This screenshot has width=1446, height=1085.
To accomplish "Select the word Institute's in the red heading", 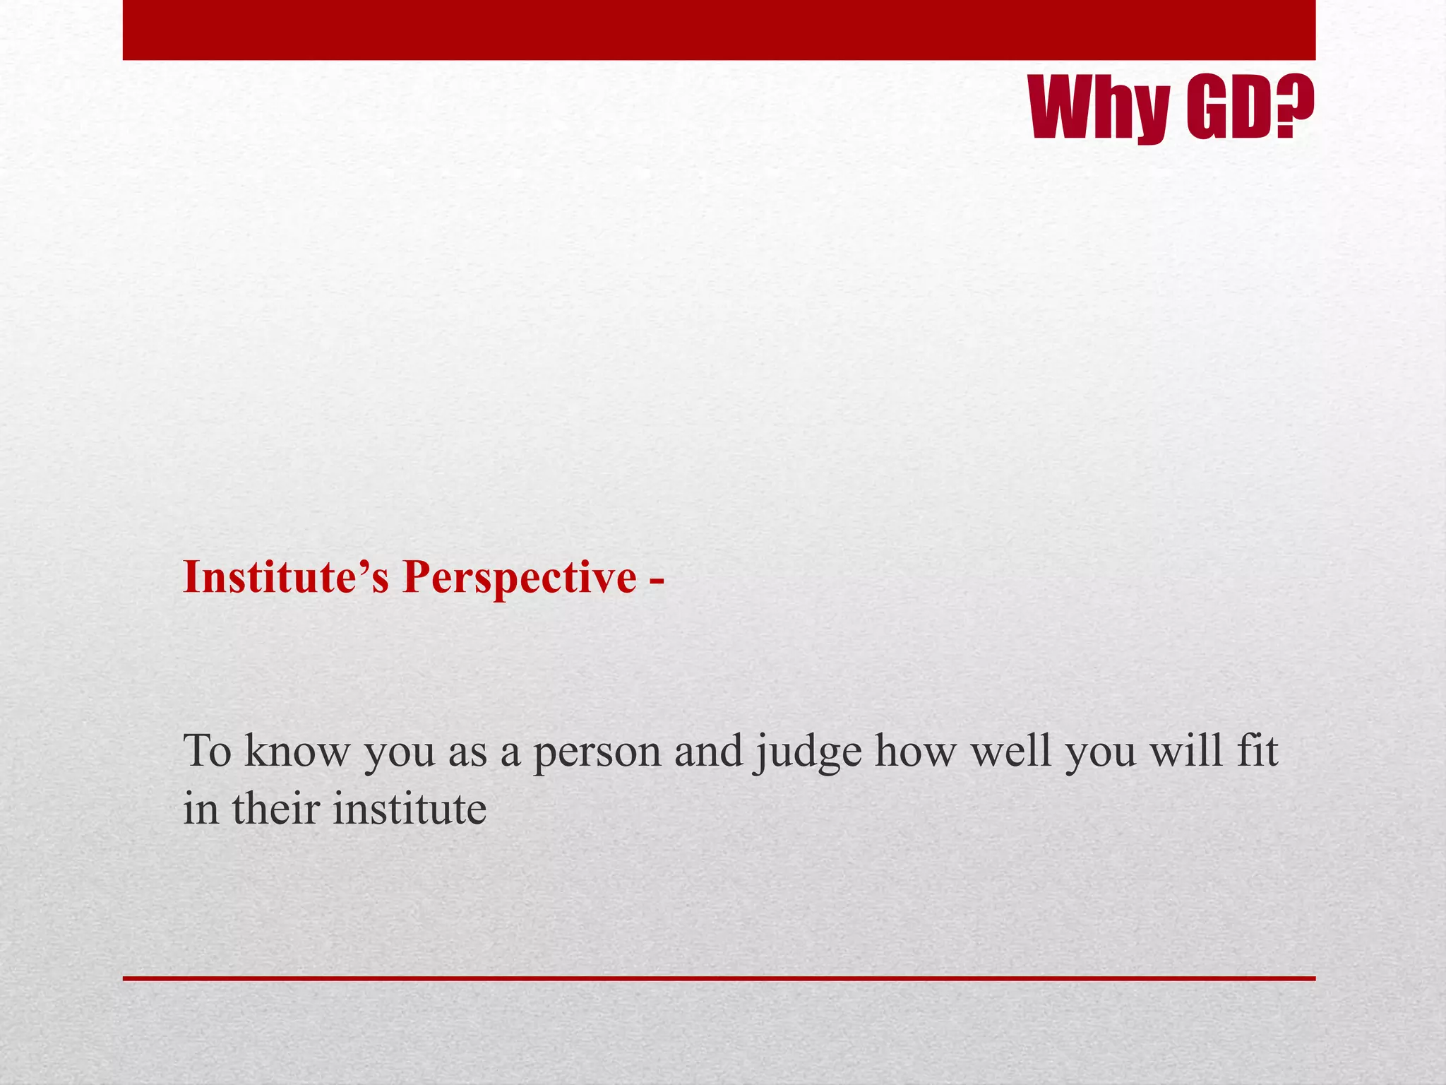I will coord(286,577).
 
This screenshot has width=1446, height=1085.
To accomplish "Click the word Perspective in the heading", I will coord(520,577).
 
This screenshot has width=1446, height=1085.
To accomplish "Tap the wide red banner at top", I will coord(719,30).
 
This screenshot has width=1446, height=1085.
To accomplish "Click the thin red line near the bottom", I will coord(719,978).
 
